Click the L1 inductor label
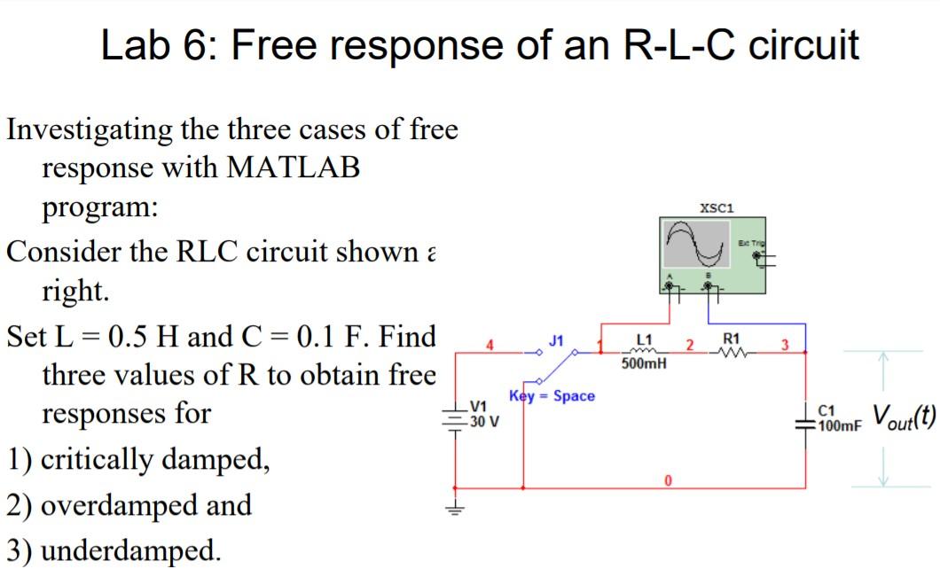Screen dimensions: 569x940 (x=645, y=339)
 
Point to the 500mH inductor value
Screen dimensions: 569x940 (x=645, y=363)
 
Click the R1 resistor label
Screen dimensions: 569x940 (x=732, y=339)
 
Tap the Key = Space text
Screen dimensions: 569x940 (x=552, y=395)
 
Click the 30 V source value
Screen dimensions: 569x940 (x=484, y=421)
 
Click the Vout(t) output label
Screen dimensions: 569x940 (x=904, y=416)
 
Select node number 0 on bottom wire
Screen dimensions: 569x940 (x=670, y=480)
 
